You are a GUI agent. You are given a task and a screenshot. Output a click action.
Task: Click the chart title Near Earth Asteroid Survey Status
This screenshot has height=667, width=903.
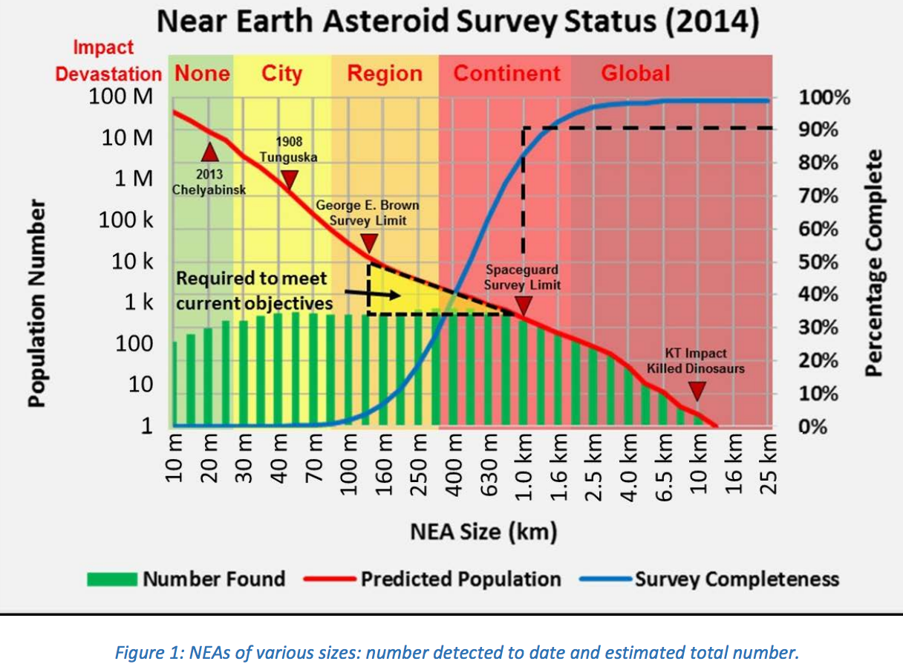point(458,23)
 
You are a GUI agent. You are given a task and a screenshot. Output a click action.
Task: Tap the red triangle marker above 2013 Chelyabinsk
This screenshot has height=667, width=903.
point(209,153)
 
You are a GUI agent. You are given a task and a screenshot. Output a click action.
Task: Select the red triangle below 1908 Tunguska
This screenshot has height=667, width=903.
point(290,179)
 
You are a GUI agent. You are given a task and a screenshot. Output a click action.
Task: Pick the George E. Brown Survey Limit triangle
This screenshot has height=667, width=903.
point(369,243)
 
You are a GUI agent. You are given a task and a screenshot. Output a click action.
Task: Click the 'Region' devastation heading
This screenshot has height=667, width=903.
point(384,74)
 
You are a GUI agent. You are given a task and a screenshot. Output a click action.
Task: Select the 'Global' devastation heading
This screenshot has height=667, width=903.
point(635,74)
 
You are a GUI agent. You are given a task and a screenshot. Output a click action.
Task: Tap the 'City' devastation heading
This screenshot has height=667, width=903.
point(281,74)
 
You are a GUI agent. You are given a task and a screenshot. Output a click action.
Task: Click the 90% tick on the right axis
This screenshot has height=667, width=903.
point(818,130)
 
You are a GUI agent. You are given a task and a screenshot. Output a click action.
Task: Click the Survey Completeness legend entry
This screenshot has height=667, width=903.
point(736,579)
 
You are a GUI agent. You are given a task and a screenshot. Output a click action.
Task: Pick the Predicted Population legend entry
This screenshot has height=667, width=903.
point(460,579)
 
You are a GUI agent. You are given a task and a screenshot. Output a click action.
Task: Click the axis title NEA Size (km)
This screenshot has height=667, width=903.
point(483,532)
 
